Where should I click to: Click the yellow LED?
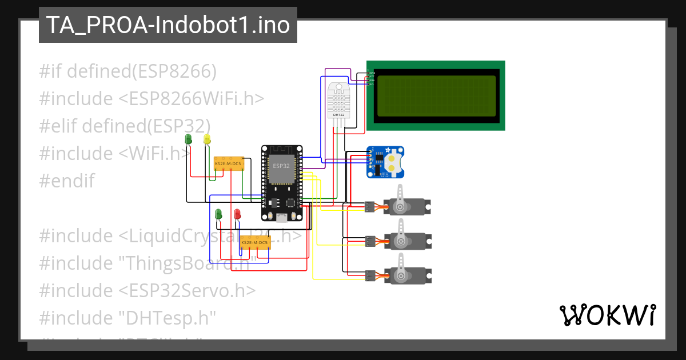pos(207,139)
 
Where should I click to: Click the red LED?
pos(237,214)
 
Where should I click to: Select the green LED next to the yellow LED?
pos(189,139)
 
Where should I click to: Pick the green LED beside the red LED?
pos(218,214)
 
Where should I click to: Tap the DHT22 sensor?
pos(338,100)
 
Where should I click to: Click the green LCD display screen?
pos(435,95)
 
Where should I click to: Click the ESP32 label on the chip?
pos(281,166)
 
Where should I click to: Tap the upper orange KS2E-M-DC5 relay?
pos(229,164)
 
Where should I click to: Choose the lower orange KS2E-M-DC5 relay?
pos(254,243)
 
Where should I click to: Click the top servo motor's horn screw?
pos(401,206)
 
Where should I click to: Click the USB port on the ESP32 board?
pos(282,217)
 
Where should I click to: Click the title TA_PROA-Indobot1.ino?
pos(167,25)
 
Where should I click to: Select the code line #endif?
pos(66,181)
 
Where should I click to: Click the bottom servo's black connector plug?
pos(370,276)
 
